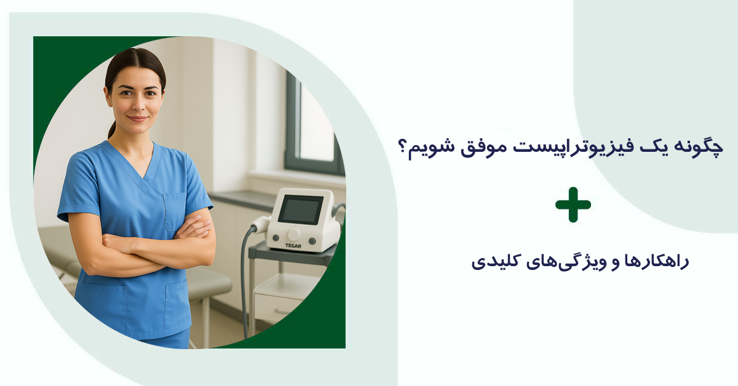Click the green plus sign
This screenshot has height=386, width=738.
point(573,204)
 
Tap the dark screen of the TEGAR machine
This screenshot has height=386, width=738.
point(300,210)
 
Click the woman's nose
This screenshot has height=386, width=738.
point(138,105)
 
